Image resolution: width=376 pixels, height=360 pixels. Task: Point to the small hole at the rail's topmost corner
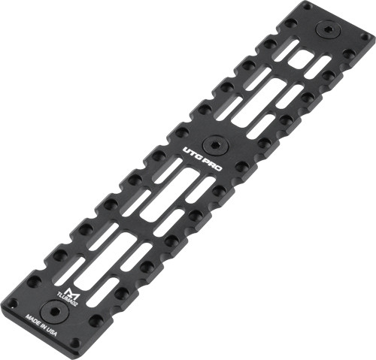[x=305, y=6]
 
